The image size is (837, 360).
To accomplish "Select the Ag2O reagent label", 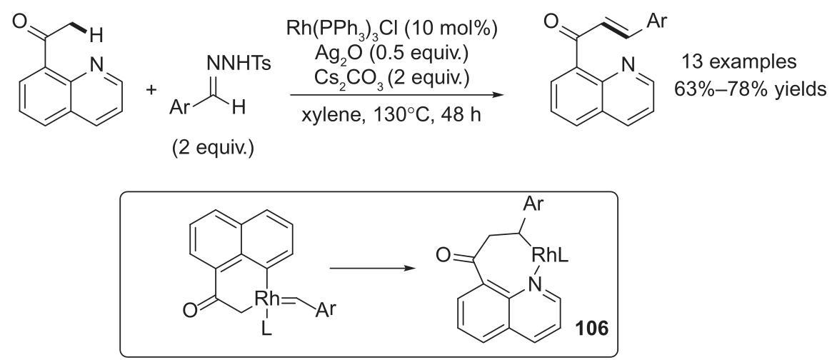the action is [x=340, y=54].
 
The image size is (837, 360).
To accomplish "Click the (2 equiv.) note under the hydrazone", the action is [x=212, y=149].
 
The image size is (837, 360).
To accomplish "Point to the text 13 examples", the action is [x=737, y=62].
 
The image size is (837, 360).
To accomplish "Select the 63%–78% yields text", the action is [x=750, y=88].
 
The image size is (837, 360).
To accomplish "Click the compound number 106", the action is [x=591, y=329].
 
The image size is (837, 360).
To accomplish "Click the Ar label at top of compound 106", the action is [x=533, y=205].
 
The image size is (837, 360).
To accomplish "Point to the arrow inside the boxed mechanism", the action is [x=373, y=268].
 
